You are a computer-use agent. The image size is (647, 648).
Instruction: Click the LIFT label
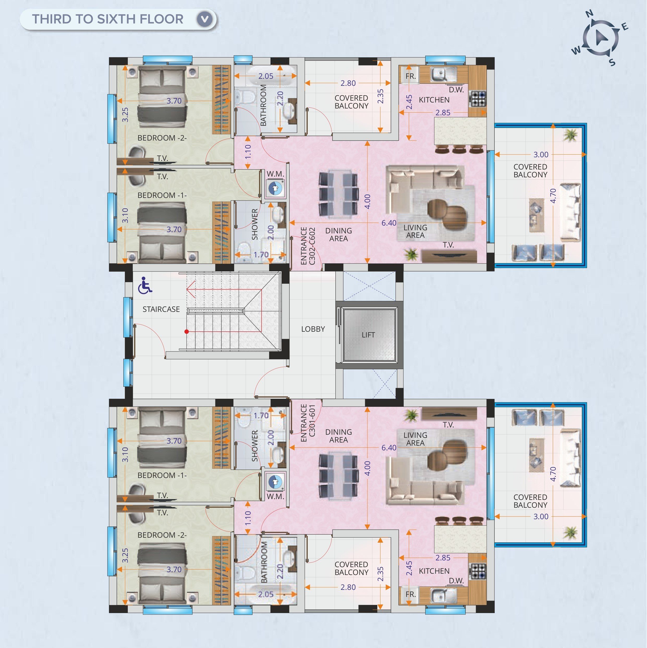368,335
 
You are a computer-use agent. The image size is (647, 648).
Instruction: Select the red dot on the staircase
186,332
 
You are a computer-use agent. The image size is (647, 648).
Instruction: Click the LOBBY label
313,329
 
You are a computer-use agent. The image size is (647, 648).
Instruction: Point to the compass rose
600,38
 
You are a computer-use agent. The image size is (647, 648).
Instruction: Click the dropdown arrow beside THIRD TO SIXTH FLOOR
205,19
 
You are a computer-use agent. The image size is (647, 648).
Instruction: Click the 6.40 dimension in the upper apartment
389,223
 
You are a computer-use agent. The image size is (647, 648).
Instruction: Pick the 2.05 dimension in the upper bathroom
266,76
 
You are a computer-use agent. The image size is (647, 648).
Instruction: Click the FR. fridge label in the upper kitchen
410,76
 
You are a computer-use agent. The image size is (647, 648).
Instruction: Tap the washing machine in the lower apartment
275,482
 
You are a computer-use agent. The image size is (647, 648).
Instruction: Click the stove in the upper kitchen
477,99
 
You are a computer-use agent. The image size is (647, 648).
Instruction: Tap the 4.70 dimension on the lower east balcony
553,474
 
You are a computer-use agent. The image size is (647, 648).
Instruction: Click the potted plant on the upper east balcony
571,135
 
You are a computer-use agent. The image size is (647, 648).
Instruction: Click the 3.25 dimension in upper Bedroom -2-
125,115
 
